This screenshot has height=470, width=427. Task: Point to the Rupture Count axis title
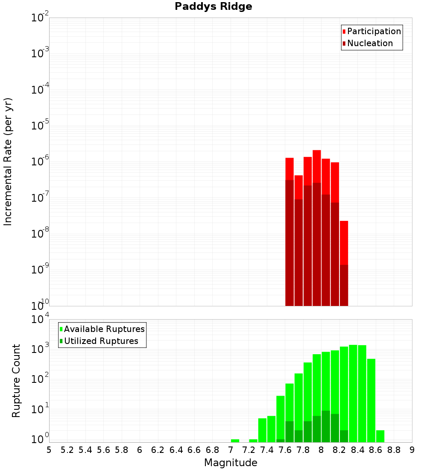click(x=16, y=380)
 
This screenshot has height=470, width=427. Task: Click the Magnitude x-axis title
click(x=231, y=463)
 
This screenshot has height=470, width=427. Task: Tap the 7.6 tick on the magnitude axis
click(x=285, y=449)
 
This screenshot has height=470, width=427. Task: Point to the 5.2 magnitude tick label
click(x=67, y=449)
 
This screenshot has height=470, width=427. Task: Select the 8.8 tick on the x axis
click(x=394, y=449)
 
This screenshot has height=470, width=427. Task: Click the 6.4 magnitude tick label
click(x=176, y=449)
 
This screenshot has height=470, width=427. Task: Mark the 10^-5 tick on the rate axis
click(x=40, y=126)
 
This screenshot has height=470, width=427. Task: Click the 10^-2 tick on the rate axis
click(x=40, y=18)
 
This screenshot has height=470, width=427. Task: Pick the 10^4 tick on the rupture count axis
click(x=40, y=319)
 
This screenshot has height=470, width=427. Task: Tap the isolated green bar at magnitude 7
click(x=235, y=441)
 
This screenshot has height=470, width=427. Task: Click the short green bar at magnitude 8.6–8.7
click(x=380, y=436)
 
